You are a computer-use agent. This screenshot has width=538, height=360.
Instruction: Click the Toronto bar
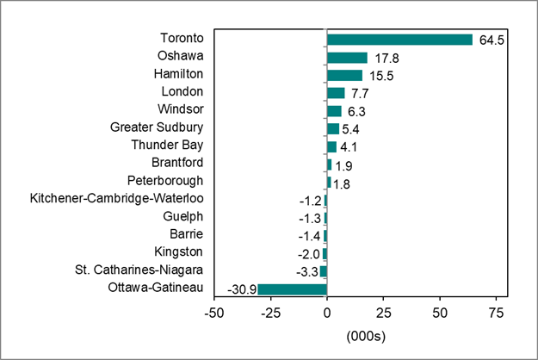point(399,40)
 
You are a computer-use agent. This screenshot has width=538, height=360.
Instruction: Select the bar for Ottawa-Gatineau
point(292,289)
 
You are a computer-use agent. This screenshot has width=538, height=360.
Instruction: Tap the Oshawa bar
point(347,58)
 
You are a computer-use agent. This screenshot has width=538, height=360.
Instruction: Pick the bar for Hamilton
point(344,76)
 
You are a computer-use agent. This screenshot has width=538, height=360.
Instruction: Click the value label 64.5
point(489,40)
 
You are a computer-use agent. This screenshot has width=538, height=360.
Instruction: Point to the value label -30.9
point(240,289)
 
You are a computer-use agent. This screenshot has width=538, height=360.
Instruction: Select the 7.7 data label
point(358,93)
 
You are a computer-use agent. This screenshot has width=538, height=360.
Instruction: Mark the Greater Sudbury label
point(157,128)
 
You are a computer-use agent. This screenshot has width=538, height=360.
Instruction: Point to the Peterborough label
point(164,182)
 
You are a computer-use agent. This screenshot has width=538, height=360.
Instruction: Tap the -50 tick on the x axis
point(213,311)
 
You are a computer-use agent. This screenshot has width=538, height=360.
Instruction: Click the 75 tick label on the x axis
point(497,311)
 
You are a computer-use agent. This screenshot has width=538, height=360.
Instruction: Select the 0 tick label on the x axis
point(327,311)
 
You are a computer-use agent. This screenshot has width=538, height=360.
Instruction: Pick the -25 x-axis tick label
point(269,311)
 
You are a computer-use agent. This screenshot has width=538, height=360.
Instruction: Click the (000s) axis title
point(364,333)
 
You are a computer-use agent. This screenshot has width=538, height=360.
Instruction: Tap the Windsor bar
point(334,111)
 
